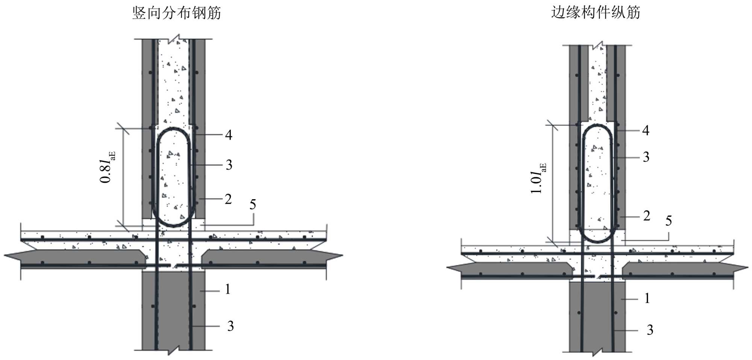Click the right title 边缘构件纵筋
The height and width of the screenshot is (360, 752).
[595, 12]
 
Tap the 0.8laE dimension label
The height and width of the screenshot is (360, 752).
[107, 167]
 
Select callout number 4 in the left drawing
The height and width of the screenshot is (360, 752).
[229, 135]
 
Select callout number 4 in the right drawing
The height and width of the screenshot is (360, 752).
[646, 130]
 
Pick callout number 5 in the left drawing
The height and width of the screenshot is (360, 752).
[253, 204]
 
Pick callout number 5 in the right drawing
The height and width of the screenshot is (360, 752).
[669, 221]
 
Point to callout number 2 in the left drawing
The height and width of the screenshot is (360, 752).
[228, 199]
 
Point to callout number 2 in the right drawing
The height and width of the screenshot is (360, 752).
[647, 216]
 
